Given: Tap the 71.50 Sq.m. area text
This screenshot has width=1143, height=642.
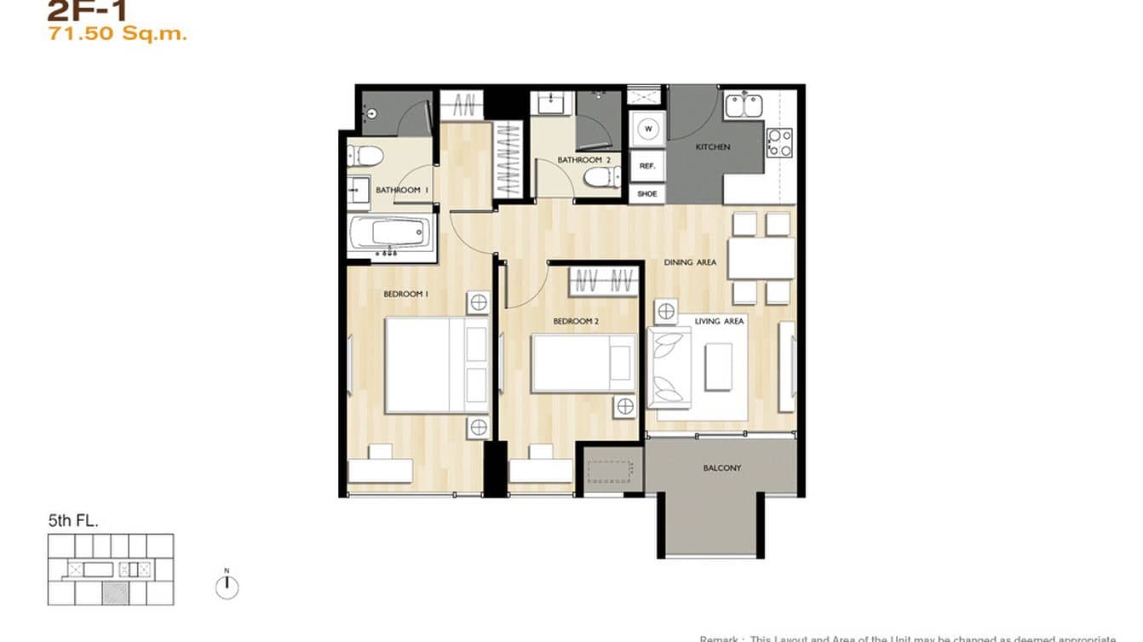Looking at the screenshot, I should pyautogui.click(x=117, y=35).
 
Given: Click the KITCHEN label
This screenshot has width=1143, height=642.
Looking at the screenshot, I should pyautogui.click(x=713, y=147).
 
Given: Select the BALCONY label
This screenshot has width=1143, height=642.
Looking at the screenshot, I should pyautogui.click(x=721, y=468).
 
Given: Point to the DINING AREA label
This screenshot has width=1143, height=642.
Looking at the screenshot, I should pyautogui.click(x=690, y=263).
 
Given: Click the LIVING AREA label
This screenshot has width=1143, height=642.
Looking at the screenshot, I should pyautogui.click(x=720, y=321).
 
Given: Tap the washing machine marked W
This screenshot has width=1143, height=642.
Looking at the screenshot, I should pyautogui.click(x=648, y=129).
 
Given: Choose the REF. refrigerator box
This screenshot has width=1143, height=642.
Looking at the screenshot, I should pyautogui.click(x=647, y=167).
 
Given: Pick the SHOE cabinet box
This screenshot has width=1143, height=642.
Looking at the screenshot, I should pyautogui.click(x=647, y=194).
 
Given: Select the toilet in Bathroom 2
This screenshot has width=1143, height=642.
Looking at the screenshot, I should pyautogui.click(x=603, y=177).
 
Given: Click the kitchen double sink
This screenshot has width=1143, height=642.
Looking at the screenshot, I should pyautogui.click(x=744, y=106).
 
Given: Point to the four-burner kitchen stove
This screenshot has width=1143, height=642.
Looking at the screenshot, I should pyautogui.click(x=779, y=142).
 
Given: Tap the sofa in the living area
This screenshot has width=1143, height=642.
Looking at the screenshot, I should pyautogui.click(x=669, y=366).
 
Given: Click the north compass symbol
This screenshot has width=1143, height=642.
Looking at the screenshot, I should pyautogui.click(x=227, y=587).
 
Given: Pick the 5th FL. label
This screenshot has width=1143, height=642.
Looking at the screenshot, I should pyautogui.click(x=73, y=521).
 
